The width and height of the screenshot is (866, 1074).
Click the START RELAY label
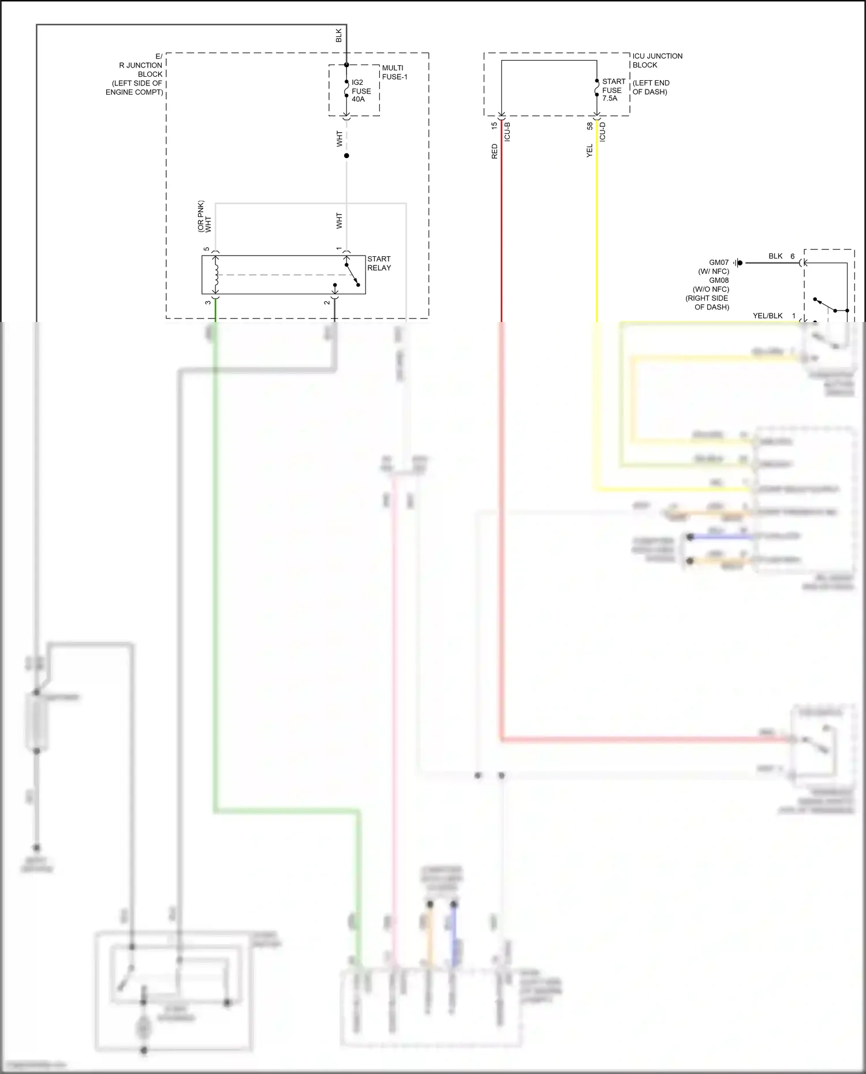click(379, 263)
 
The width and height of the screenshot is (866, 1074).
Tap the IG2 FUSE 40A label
click(361, 91)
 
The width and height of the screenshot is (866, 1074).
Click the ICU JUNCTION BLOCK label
click(657, 60)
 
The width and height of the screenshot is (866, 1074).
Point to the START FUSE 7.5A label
click(613, 90)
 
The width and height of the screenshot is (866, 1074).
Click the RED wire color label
click(494, 152)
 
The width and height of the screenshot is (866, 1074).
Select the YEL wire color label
click(589, 151)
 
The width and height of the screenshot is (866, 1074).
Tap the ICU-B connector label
click(507, 132)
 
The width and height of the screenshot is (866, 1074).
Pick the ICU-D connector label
click(603, 132)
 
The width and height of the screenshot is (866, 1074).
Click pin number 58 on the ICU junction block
click(589, 125)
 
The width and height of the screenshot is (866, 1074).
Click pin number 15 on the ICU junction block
click(494, 125)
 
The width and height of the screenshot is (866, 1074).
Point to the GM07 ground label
click(719, 263)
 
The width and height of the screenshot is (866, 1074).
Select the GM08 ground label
click(719, 280)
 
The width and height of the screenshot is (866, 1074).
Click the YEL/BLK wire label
click(767, 316)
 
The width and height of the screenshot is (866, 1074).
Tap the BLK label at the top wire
click(339, 35)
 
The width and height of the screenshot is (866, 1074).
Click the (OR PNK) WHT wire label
click(204, 217)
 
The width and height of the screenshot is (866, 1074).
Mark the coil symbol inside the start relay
click(216, 275)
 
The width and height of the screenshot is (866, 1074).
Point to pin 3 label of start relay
click(208, 302)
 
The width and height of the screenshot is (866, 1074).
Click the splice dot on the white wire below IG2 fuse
click(346, 156)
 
